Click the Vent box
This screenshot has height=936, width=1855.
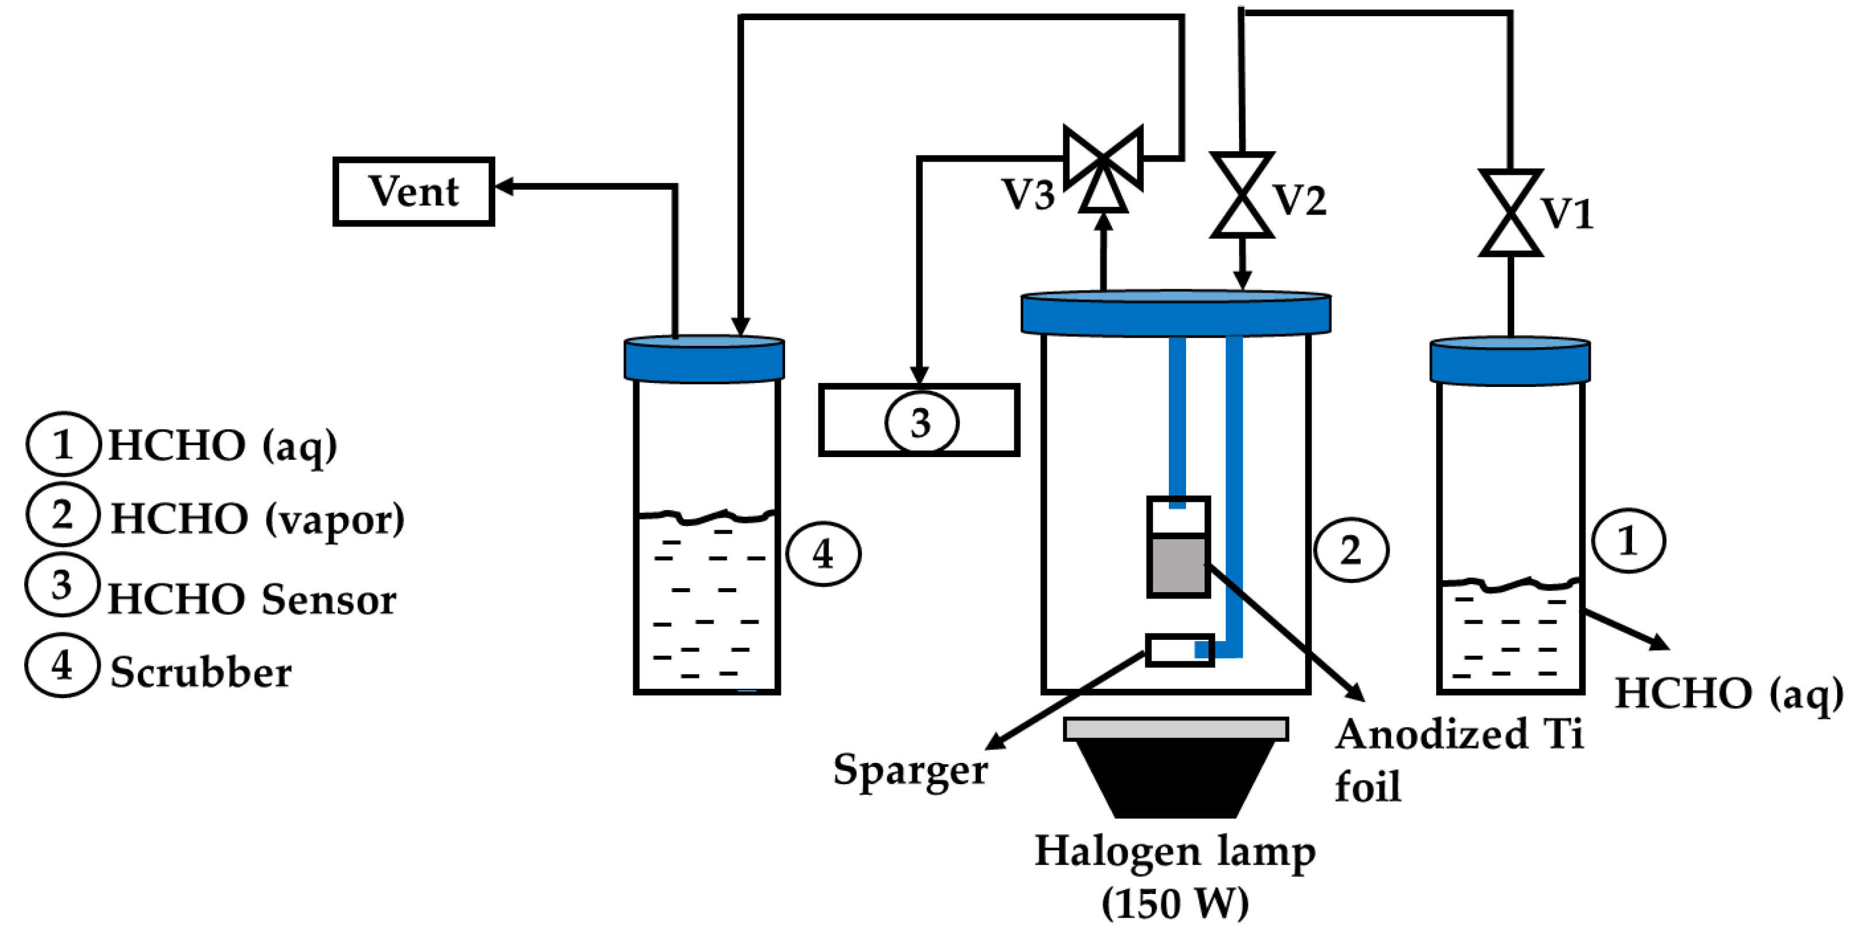[x=413, y=191]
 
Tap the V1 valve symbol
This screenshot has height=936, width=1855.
[x=1510, y=213]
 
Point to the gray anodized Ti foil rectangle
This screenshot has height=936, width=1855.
[x=1178, y=566]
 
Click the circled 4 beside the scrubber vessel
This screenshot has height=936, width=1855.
[x=823, y=554]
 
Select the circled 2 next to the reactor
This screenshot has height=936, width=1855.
[x=1351, y=550]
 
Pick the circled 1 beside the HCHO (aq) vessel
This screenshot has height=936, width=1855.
[x=1627, y=540]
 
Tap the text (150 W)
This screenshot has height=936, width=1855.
[x=1175, y=902]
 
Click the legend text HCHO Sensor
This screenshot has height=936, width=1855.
[x=252, y=600]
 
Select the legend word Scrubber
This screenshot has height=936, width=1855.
[x=201, y=672]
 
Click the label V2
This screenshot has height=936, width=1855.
[x=1300, y=200]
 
